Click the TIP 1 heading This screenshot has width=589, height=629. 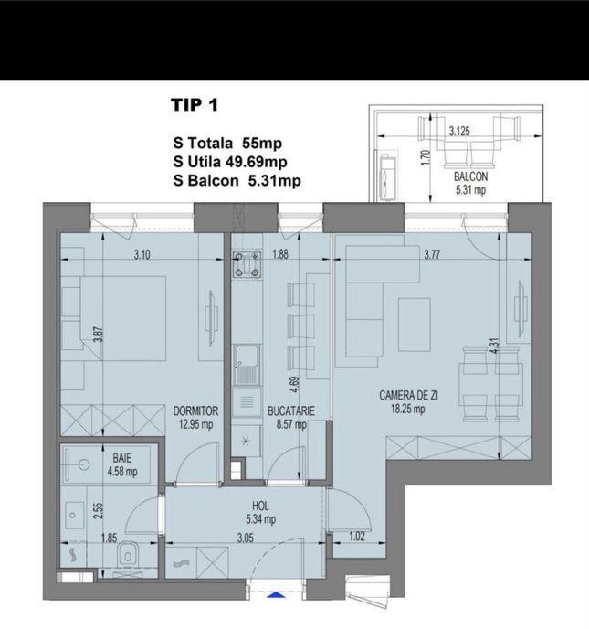195,105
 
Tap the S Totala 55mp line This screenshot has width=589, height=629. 227,144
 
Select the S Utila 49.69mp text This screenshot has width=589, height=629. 230,162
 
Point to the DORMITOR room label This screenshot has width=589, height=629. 195,410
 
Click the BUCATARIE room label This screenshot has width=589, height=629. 291,410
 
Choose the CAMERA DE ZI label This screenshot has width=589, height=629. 409,396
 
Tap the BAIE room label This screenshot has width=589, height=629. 122,458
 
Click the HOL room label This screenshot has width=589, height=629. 260,506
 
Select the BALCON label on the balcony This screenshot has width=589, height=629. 471,176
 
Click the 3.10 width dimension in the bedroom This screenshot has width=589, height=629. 142,254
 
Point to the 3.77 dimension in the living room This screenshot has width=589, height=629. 432,254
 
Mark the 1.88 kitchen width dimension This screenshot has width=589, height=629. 279,254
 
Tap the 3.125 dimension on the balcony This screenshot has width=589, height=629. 459,131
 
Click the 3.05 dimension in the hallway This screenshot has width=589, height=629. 246,538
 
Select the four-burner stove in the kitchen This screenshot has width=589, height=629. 247,264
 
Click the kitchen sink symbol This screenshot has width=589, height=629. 247,365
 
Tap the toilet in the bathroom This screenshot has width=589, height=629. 128,555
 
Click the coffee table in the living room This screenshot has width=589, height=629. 415,325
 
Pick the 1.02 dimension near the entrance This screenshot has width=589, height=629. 357,537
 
